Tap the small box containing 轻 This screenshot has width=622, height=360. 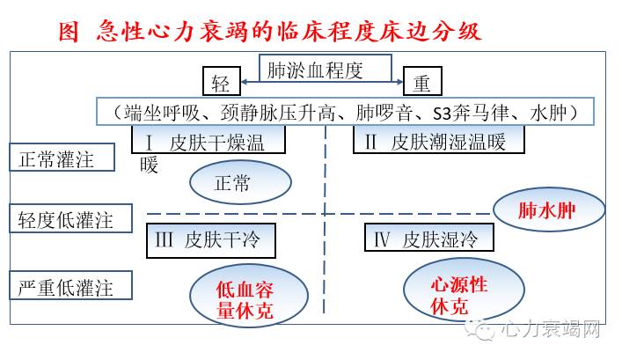click(220, 84)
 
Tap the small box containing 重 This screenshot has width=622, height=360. click(422, 84)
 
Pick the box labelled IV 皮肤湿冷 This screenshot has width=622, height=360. click(428, 237)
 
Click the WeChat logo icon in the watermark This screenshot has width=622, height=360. click(483, 331)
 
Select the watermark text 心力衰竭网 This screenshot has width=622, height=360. click(549, 332)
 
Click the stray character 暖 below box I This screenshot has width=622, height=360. click(150, 165)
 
